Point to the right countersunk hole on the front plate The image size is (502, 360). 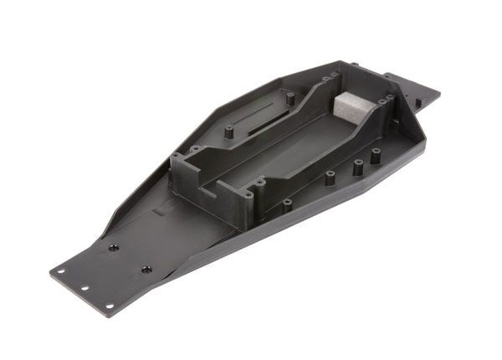[x=148, y=268]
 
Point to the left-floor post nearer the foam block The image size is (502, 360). [x=290, y=98]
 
